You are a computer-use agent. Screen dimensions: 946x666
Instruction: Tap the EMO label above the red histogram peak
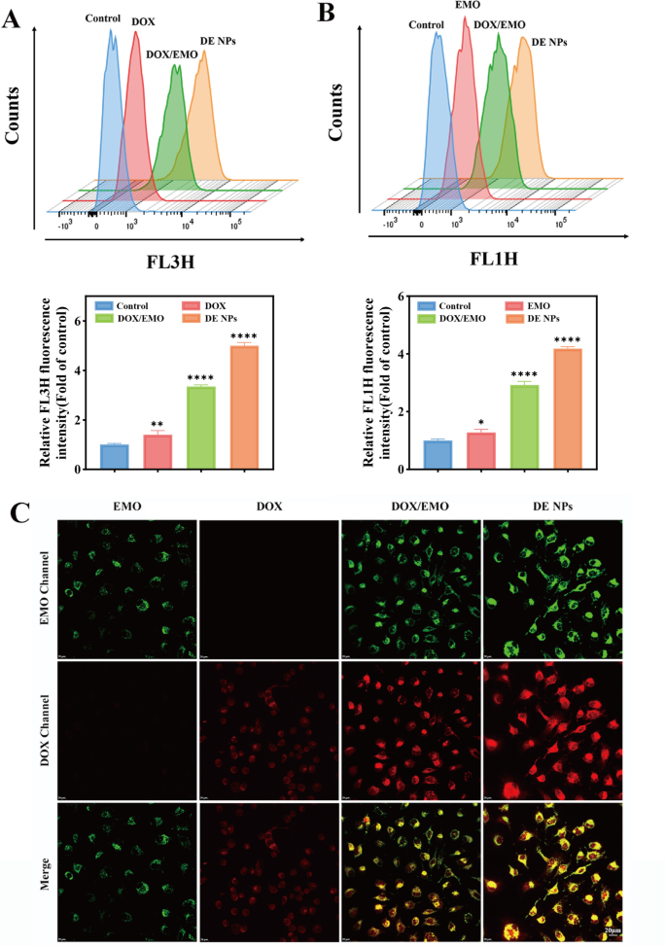pos(466,7)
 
